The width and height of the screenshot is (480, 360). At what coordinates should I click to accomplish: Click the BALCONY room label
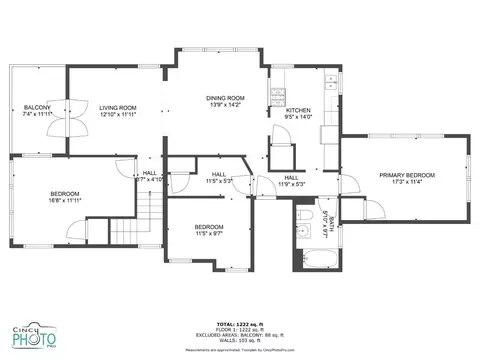click(x=37, y=107)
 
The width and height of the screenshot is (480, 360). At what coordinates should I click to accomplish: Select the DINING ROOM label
click(x=225, y=98)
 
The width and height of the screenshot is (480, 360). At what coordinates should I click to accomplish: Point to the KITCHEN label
click(x=299, y=110)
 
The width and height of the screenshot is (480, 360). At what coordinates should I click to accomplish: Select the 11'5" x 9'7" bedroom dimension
click(x=208, y=233)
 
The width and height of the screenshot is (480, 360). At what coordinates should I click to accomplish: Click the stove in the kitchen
click(x=278, y=97)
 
